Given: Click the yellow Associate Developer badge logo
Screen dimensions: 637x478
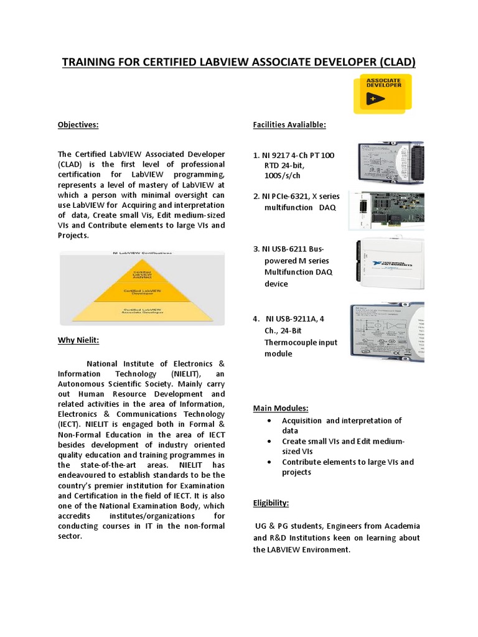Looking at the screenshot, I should (x=383, y=93).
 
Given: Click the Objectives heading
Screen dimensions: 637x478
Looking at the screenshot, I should (x=78, y=125).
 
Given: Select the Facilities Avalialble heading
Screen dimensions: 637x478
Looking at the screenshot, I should (x=289, y=125).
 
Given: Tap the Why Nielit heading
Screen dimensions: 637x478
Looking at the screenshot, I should (x=78, y=340).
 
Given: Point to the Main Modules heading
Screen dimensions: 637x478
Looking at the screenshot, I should (x=281, y=408).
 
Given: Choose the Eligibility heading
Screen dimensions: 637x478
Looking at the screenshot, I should (x=271, y=503).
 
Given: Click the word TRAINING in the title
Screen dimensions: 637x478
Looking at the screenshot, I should (x=88, y=62).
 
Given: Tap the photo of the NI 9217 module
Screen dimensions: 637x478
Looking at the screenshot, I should (x=390, y=164).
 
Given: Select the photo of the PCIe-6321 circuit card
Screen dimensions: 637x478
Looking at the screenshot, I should (x=386, y=212).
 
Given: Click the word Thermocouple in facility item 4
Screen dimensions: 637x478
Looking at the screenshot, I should (x=292, y=342).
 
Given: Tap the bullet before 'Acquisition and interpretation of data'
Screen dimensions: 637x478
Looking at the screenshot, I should (x=268, y=421).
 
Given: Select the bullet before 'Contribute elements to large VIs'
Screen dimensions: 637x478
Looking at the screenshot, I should (x=268, y=462).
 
